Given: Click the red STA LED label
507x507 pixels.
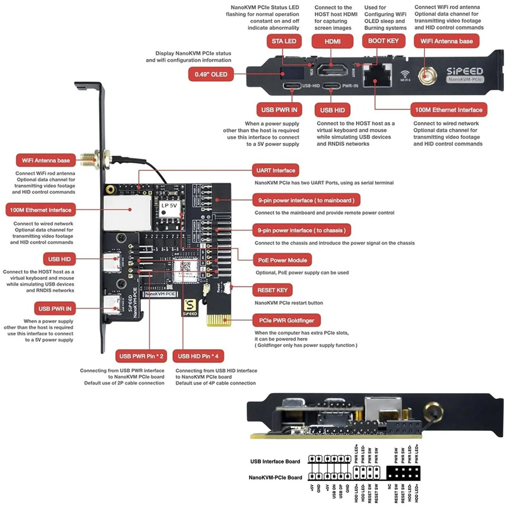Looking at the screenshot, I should (x=284, y=41).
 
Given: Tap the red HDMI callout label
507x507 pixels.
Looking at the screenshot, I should (x=332, y=41).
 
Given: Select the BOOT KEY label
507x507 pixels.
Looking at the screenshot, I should (x=383, y=41).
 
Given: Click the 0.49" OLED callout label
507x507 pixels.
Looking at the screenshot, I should (x=211, y=74).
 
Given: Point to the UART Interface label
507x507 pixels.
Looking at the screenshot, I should (x=275, y=170).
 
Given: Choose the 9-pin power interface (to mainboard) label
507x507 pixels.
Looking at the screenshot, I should (x=306, y=200).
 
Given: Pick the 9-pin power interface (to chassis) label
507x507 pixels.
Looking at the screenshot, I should (x=301, y=230).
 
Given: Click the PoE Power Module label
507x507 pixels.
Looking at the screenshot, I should (x=282, y=260).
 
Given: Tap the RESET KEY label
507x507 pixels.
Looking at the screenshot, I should (x=272, y=290).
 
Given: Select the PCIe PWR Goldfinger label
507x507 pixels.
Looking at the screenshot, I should (x=286, y=320).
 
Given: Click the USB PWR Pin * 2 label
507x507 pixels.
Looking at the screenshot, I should (x=141, y=356).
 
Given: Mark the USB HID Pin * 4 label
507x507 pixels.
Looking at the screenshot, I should (x=198, y=356).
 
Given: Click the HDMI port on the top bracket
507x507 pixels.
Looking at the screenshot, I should (x=331, y=70).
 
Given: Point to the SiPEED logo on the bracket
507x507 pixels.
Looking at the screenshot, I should (x=465, y=71).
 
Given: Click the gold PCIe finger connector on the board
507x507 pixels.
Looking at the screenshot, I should (x=219, y=320).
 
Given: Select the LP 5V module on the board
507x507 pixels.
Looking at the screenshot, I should (x=169, y=209).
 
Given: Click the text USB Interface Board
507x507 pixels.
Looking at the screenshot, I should (x=275, y=461).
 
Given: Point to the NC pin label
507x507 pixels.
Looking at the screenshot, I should (x=389, y=487).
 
